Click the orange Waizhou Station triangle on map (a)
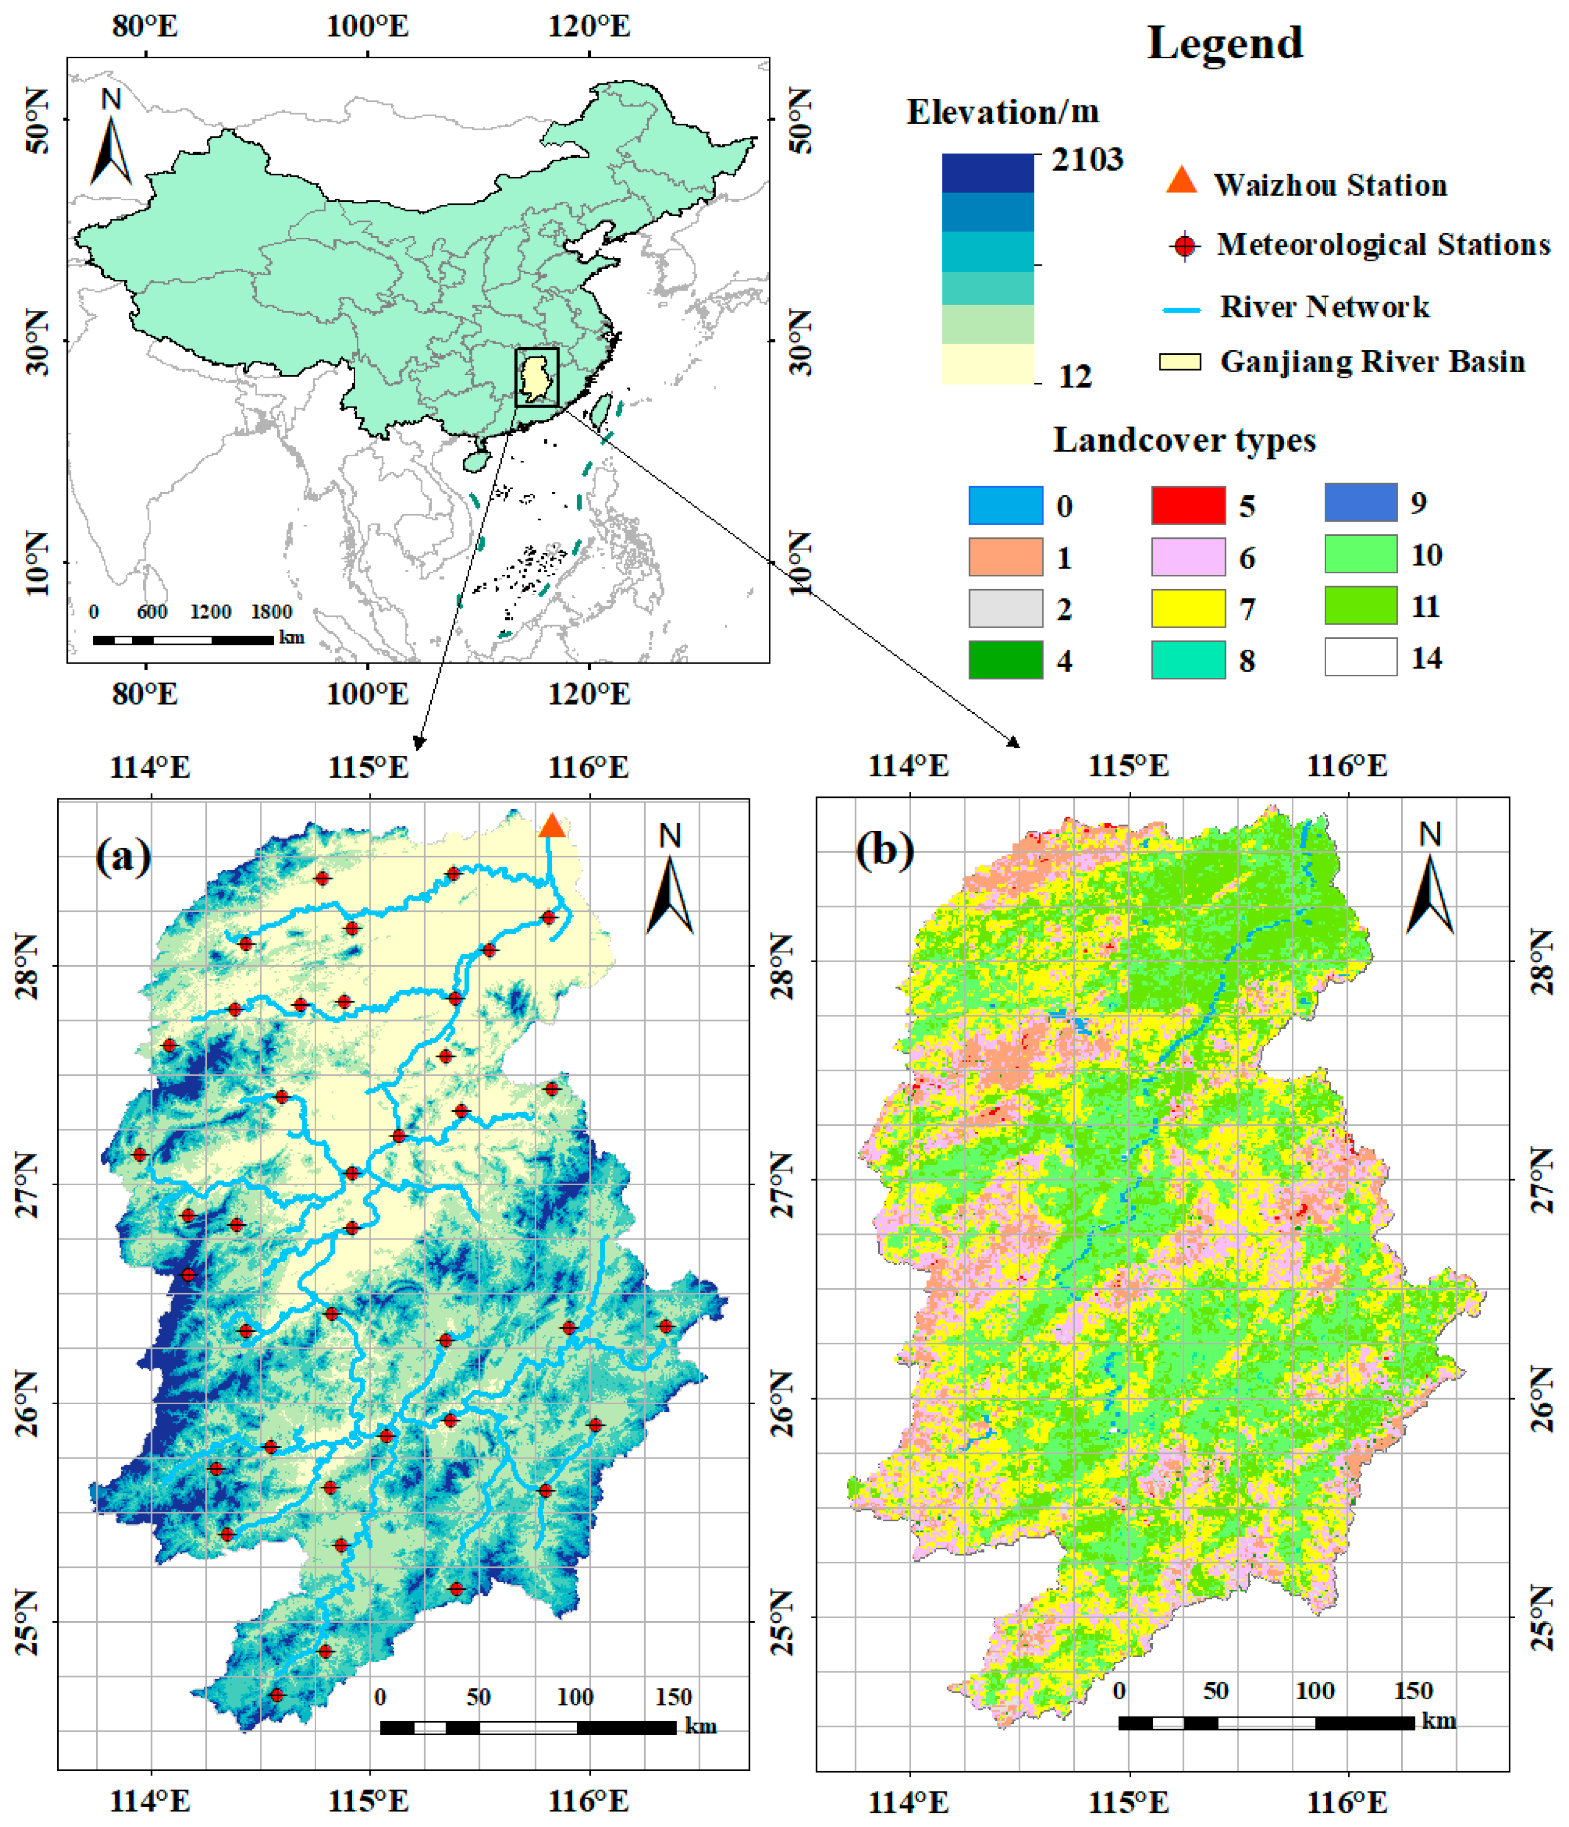point(551,826)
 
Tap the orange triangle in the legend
point(1181,181)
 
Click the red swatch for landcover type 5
point(1187,505)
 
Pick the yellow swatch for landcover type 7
point(1187,608)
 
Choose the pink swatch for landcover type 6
point(1187,557)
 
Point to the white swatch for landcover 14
point(1360,657)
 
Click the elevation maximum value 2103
point(1087,160)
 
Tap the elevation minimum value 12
point(1074,377)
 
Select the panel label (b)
point(884,850)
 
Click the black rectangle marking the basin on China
point(537,377)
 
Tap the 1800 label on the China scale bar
point(271,612)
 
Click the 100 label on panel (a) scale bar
point(575,1697)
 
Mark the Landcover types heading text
point(1184,440)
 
